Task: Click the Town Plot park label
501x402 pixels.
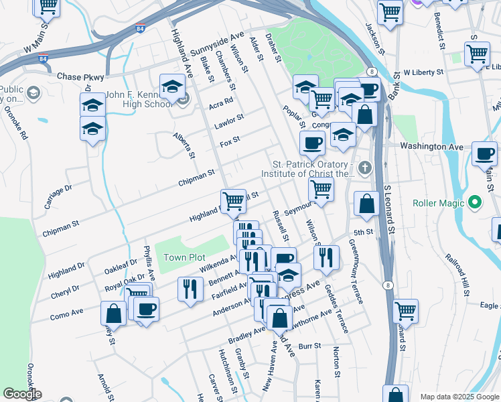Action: tap(184, 257)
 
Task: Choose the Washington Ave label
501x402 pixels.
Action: tap(431, 146)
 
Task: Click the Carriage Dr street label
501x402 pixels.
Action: tap(58, 196)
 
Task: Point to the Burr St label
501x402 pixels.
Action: tap(310, 346)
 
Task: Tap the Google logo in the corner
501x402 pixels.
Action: tap(21, 394)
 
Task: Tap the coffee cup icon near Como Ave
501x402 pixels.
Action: tap(145, 309)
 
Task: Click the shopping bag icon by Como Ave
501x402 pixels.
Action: tap(113, 313)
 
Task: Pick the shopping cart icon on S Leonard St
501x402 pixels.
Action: tap(405, 310)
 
